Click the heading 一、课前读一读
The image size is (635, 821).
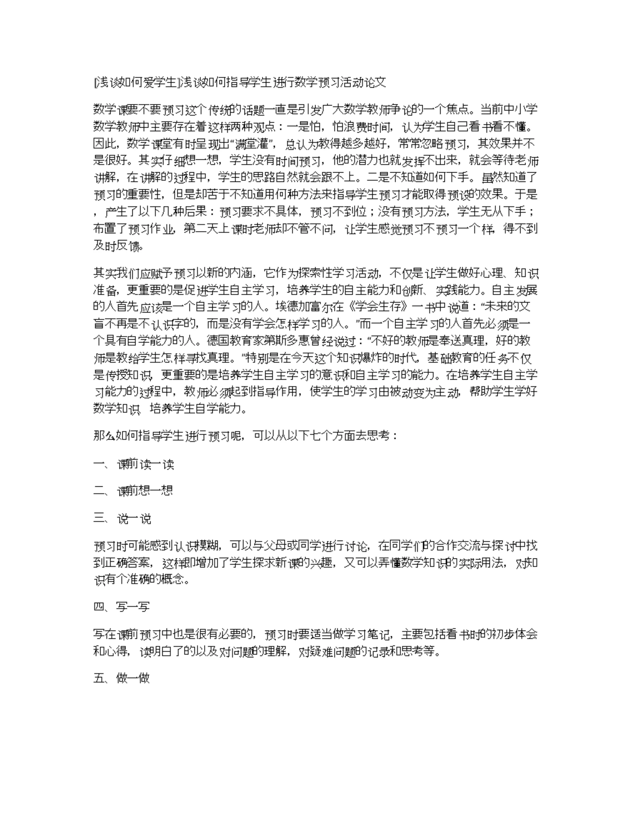[134, 465]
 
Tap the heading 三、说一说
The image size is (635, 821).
[122, 519]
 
